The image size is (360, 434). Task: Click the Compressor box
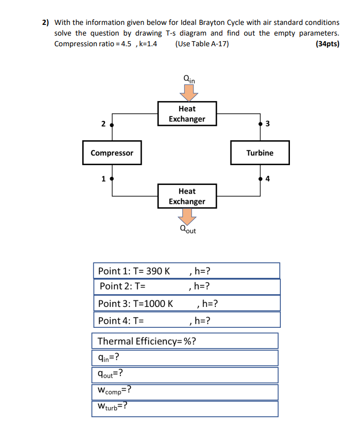[112, 153]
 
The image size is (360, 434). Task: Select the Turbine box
[259, 153]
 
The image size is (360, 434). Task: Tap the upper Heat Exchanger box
[187, 114]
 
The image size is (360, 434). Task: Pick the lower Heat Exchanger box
[187, 196]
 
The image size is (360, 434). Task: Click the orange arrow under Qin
[189, 92]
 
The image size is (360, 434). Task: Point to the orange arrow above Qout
[188, 218]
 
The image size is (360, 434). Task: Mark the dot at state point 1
[112, 178]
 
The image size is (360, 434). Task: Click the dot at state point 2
[112, 124]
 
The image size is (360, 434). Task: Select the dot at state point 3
[259, 123]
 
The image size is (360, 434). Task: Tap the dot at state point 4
[259, 179]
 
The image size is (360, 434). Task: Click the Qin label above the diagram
[189, 79]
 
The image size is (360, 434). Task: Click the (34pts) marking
[328, 44]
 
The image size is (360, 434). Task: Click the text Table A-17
[209, 44]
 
